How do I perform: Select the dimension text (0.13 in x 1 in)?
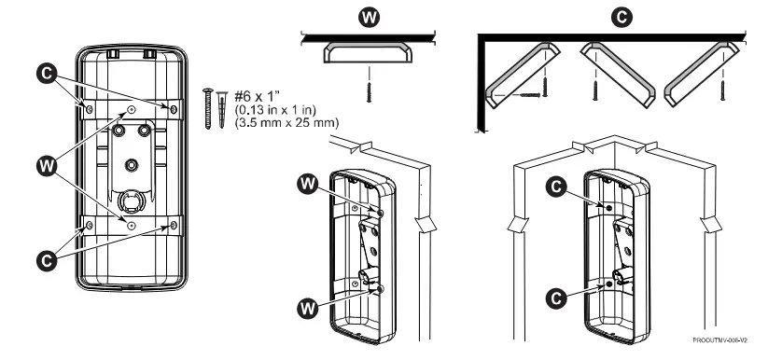[x=276, y=109]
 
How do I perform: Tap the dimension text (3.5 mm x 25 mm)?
[x=286, y=122]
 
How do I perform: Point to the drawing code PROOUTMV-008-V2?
[x=719, y=339]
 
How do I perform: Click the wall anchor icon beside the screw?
[x=222, y=109]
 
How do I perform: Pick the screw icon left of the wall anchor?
[x=208, y=108]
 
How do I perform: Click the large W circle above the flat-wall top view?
[x=369, y=18]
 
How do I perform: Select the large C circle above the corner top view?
[x=621, y=18]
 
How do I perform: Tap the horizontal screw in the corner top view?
[x=529, y=94]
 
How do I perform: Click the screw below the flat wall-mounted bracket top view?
[x=369, y=92]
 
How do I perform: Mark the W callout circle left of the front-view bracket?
[x=47, y=167]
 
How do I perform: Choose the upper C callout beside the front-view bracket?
[x=47, y=74]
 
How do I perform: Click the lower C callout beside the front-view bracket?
[x=47, y=260]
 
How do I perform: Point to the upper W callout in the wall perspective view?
[x=308, y=184]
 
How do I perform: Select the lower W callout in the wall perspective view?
[x=308, y=309]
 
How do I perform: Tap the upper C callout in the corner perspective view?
[x=556, y=187]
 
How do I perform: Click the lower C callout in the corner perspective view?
[x=556, y=298]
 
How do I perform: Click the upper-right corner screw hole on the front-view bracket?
[x=174, y=109]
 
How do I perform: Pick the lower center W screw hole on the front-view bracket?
[x=131, y=225]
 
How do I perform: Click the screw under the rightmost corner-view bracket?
[x=722, y=90]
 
